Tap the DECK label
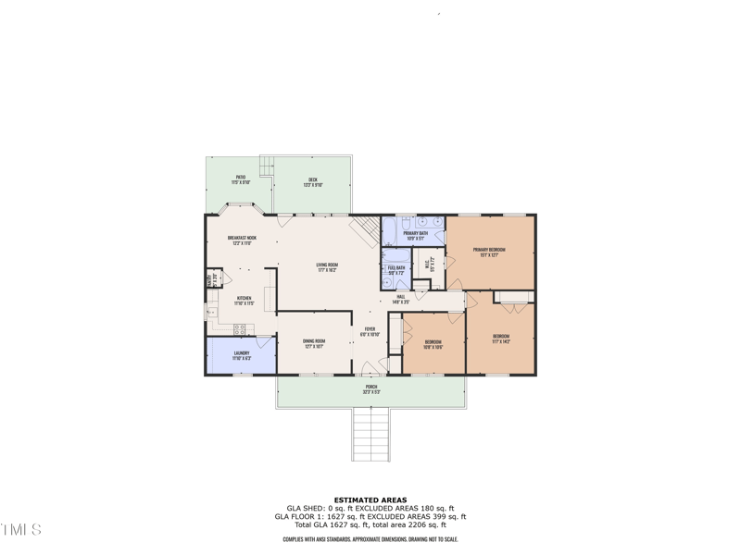[312, 182]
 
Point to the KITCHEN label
[243, 300]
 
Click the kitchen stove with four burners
[239, 328]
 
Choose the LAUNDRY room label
[242, 354]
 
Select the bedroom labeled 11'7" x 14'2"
[500, 338]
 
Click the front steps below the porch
[370, 435]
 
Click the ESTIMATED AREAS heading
[370, 500]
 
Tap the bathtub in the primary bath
[389, 228]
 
